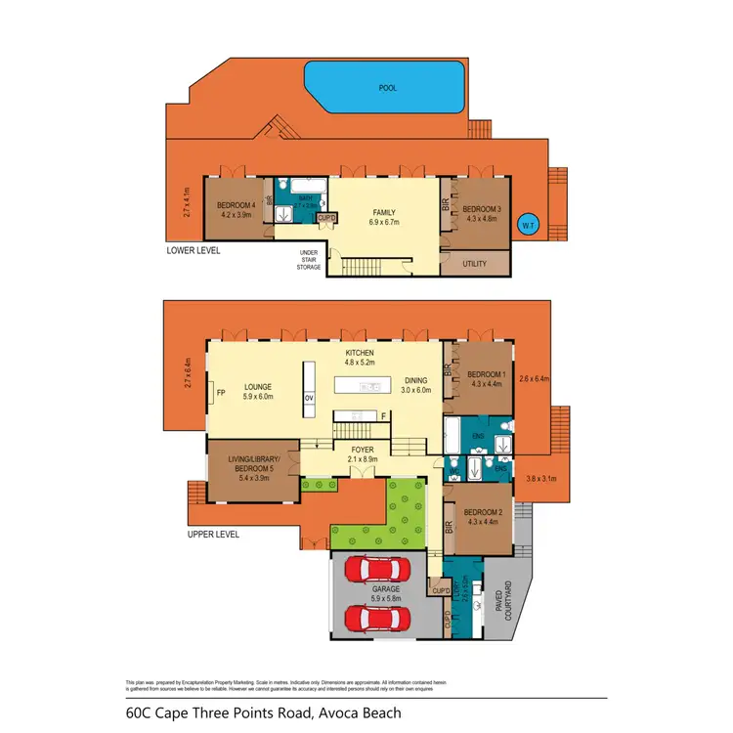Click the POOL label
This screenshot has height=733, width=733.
389,87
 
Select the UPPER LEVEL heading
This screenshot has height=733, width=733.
212,535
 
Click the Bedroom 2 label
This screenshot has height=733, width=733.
485,517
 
